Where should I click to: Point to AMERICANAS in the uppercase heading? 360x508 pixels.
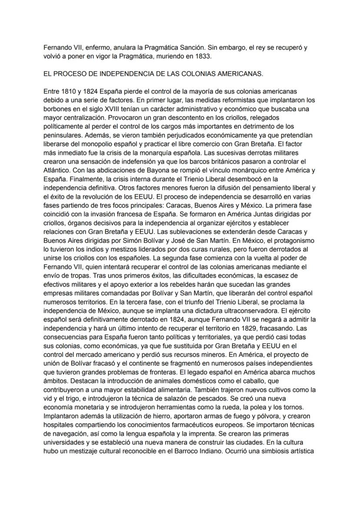point(237,74)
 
